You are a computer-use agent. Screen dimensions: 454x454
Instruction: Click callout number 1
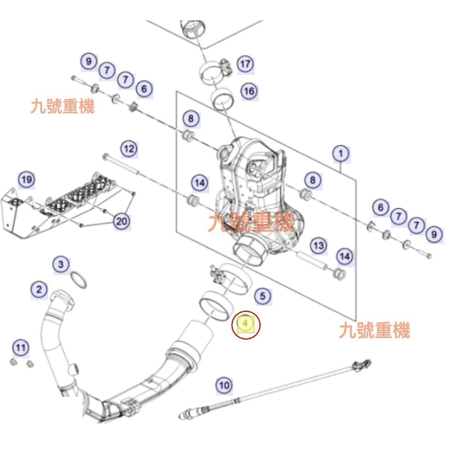[340, 154]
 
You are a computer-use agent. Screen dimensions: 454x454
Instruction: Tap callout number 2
[39, 290]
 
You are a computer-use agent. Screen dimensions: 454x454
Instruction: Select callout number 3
[61, 265]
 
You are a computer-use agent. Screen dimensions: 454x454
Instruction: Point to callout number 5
[263, 295]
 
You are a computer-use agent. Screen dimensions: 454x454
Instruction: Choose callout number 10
[224, 385]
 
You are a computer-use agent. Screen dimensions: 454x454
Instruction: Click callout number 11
[20, 348]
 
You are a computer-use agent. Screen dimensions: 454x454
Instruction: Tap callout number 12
[129, 149]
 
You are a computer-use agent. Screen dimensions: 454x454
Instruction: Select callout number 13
[318, 245]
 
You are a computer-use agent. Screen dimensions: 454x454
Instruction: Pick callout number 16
[249, 91]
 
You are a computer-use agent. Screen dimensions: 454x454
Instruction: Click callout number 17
[245, 64]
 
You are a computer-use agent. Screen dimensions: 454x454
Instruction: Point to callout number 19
[26, 180]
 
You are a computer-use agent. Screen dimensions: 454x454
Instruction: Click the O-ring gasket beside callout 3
[79, 280]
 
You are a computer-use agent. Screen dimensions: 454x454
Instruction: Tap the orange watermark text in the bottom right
[375, 331]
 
